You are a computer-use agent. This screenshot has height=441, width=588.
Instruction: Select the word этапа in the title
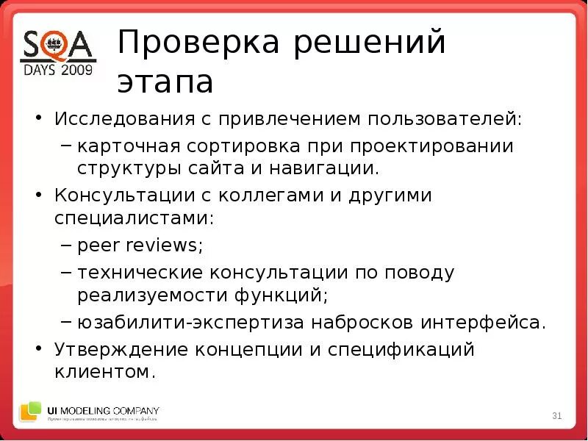[165, 82]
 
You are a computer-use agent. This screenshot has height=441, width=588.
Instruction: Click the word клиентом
[105, 373]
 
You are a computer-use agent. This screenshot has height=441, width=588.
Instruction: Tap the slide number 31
[556, 417]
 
